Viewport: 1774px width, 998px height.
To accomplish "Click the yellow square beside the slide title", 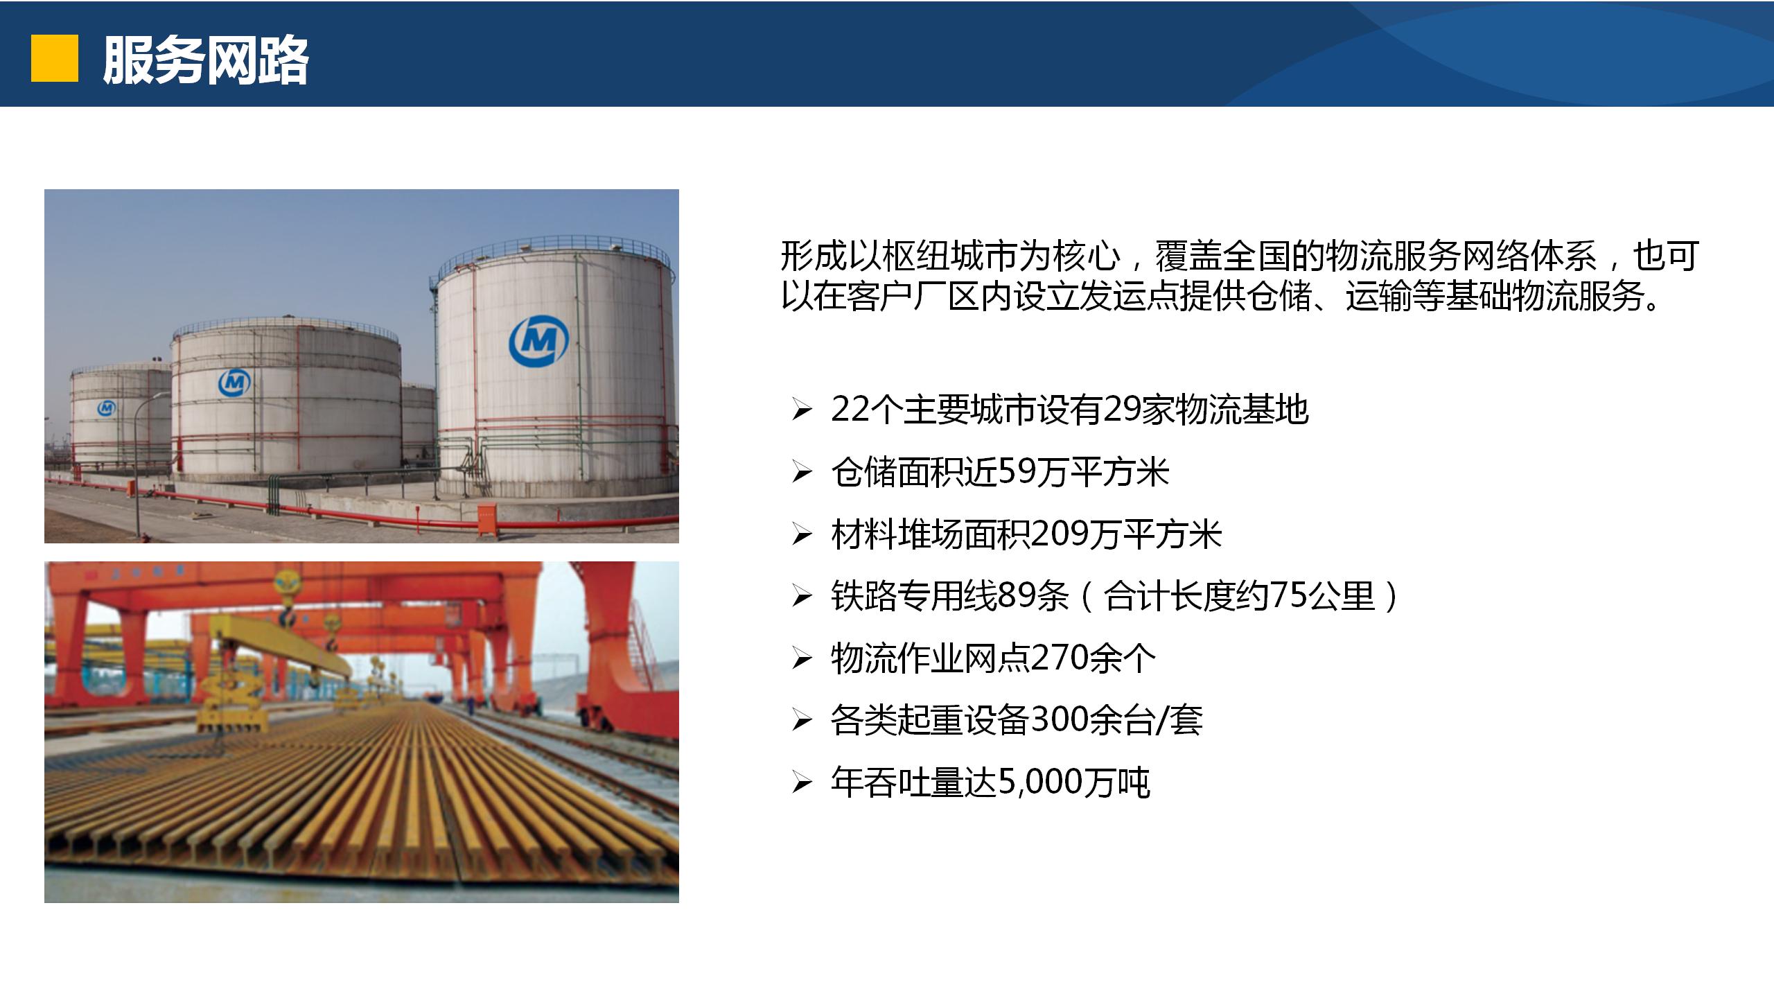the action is tap(55, 59).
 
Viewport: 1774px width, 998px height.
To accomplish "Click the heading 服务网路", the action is tap(206, 60).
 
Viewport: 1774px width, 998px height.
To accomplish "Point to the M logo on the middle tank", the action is tap(235, 383).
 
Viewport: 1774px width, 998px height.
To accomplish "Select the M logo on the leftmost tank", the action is tap(107, 408).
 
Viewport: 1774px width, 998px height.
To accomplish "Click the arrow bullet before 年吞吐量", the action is tap(802, 784).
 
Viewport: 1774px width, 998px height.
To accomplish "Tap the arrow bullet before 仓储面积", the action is tap(802, 473).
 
